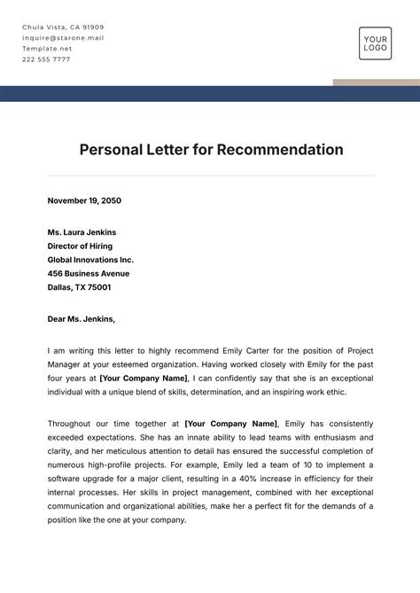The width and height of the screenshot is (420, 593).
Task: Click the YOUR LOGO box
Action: [x=375, y=43]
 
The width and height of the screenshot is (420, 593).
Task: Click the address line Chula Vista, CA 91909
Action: [x=63, y=27]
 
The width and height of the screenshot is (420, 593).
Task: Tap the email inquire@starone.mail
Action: [x=63, y=38]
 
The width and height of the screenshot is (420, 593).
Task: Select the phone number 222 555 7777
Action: [x=46, y=59]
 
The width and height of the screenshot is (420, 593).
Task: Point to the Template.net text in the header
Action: [x=47, y=49]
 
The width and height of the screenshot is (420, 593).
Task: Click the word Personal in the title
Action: [x=113, y=150]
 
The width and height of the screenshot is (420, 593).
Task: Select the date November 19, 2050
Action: [x=84, y=200]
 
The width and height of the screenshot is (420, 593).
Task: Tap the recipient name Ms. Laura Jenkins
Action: [x=82, y=232]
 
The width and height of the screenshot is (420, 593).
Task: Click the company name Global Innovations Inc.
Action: [x=90, y=260]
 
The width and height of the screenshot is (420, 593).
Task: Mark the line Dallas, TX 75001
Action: [x=79, y=287]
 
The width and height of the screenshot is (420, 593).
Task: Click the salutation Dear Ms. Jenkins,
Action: [x=82, y=319]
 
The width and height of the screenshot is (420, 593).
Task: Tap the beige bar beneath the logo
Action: [x=376, y=82]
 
